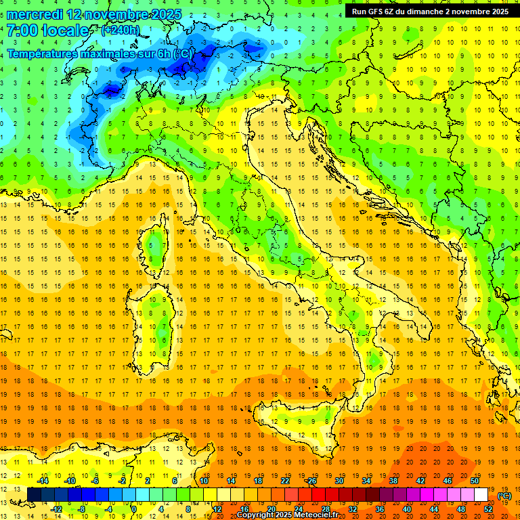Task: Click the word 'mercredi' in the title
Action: coord(35,14)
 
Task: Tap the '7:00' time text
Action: coord(23,31)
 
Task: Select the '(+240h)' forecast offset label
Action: coord(120,30)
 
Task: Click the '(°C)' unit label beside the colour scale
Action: coord(504,496)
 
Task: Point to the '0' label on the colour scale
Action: coord(134,509)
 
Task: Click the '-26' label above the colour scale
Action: coord(311,481)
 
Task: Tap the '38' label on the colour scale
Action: coord(393,481)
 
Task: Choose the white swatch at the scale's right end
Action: coord(481,495)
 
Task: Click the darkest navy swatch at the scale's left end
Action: coord(34,495)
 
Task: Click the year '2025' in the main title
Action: coord(152,14)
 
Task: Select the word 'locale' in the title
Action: coord(69,31)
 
